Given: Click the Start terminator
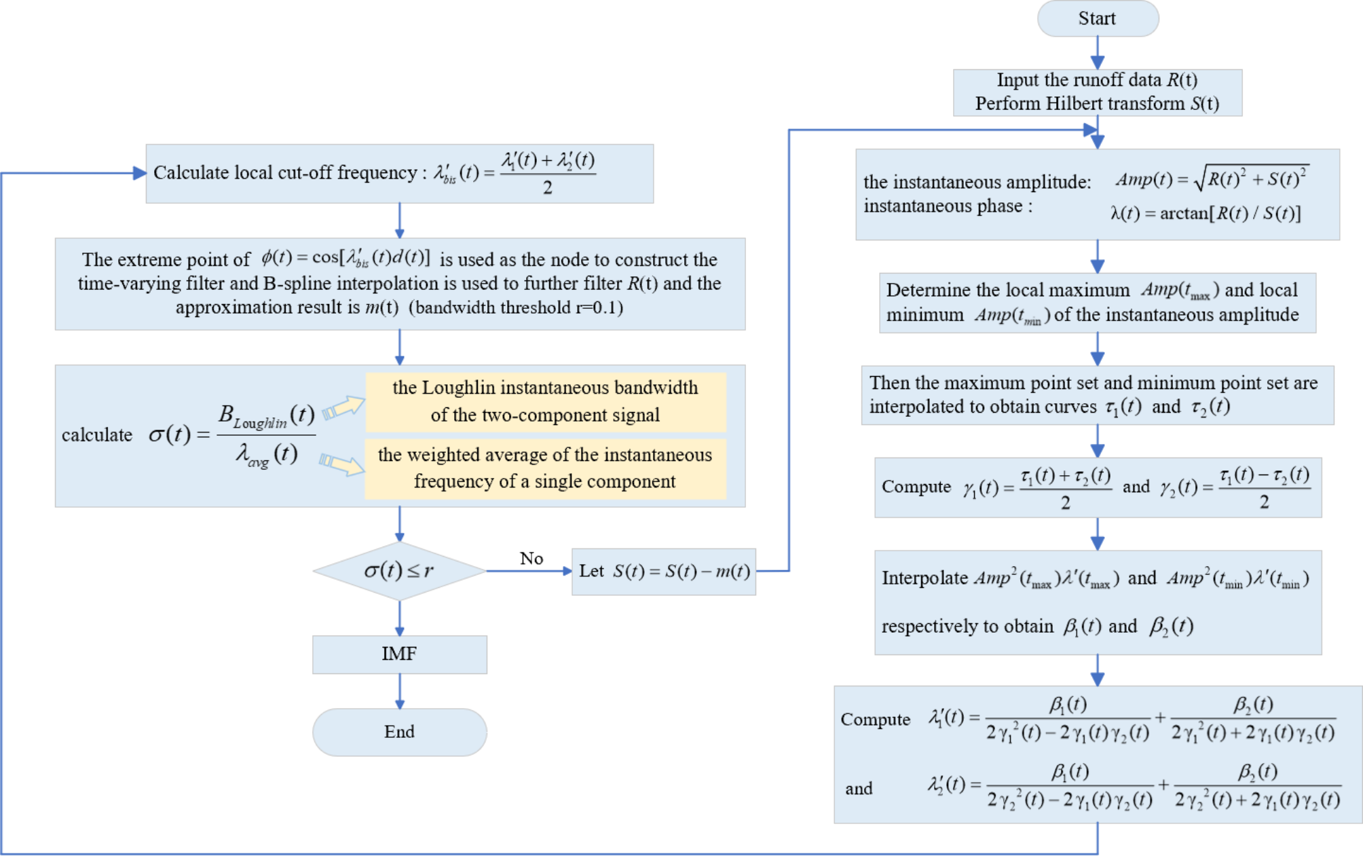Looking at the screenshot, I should [x=1097, y=18].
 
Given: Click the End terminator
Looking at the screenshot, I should [x=399, y=732].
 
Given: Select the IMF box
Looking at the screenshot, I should [x=399, y=654].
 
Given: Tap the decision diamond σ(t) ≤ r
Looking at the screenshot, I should [x=399, y=571].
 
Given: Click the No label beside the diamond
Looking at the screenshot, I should [x=531, y=559].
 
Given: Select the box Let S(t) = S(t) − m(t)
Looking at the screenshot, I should [x=663, y=572].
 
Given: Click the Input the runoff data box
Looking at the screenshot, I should [x=1097, y=92].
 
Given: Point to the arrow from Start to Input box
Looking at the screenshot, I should [x=1098, y=53].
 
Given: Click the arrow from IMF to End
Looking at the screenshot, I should [x=400, y=691].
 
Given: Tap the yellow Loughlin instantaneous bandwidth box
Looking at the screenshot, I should [x=545, y=401].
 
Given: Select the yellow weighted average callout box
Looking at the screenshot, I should [x=545, y=468].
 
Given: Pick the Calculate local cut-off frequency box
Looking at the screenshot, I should [x=399, y=174].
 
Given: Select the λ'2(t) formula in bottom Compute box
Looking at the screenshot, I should [x=1134, y=786].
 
